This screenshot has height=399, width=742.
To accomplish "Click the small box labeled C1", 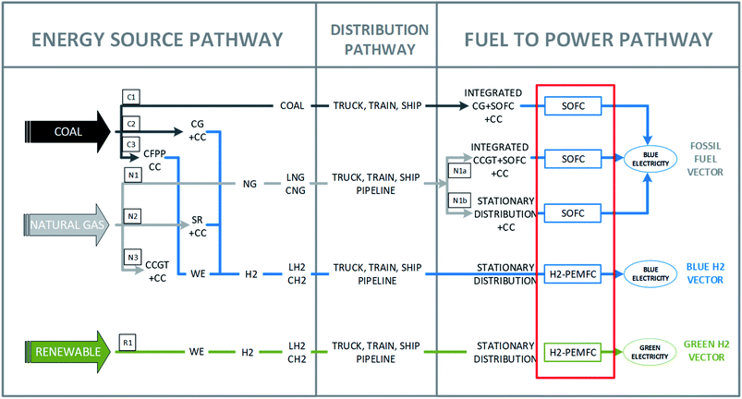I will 130,95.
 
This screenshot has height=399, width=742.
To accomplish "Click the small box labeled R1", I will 129,343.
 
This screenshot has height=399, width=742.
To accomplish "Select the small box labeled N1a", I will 459,172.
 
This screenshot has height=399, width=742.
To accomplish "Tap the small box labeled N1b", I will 459,200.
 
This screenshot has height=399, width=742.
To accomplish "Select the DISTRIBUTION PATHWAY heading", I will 377,39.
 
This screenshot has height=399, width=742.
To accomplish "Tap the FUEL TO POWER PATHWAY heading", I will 589,40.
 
